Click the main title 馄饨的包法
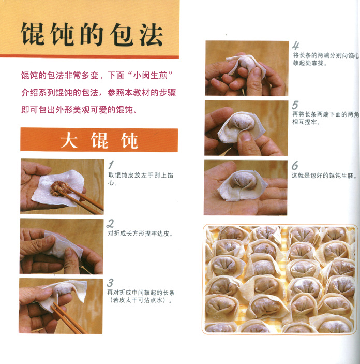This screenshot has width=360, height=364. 92,34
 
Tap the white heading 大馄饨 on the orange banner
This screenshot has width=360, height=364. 99,140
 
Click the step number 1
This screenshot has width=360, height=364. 111,165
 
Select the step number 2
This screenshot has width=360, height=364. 110,224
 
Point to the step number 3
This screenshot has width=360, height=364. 110,283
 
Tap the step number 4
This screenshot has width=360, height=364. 295,46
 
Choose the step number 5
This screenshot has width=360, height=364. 295,105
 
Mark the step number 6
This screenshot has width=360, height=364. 295,165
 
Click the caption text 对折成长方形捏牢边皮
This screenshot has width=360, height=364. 140,234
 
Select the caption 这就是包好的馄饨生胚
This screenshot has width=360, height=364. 324,176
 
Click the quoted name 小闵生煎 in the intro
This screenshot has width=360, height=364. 150,76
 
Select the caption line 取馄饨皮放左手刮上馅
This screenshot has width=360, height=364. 141,175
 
